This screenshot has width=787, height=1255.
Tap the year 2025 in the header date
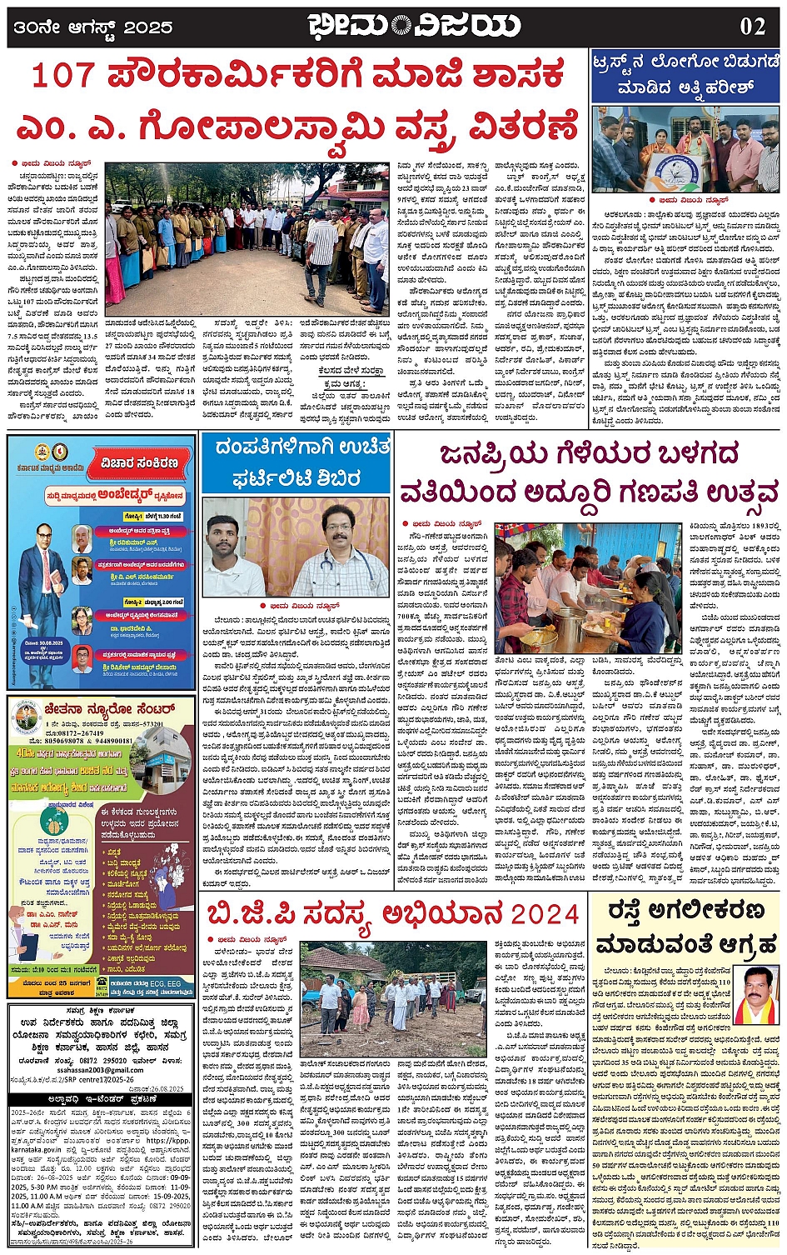pos(151,27)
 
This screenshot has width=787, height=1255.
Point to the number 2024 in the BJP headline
pos(545,914)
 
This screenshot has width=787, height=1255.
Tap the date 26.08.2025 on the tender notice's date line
pos(167,1088)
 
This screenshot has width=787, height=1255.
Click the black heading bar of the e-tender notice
pos(100,1099)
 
